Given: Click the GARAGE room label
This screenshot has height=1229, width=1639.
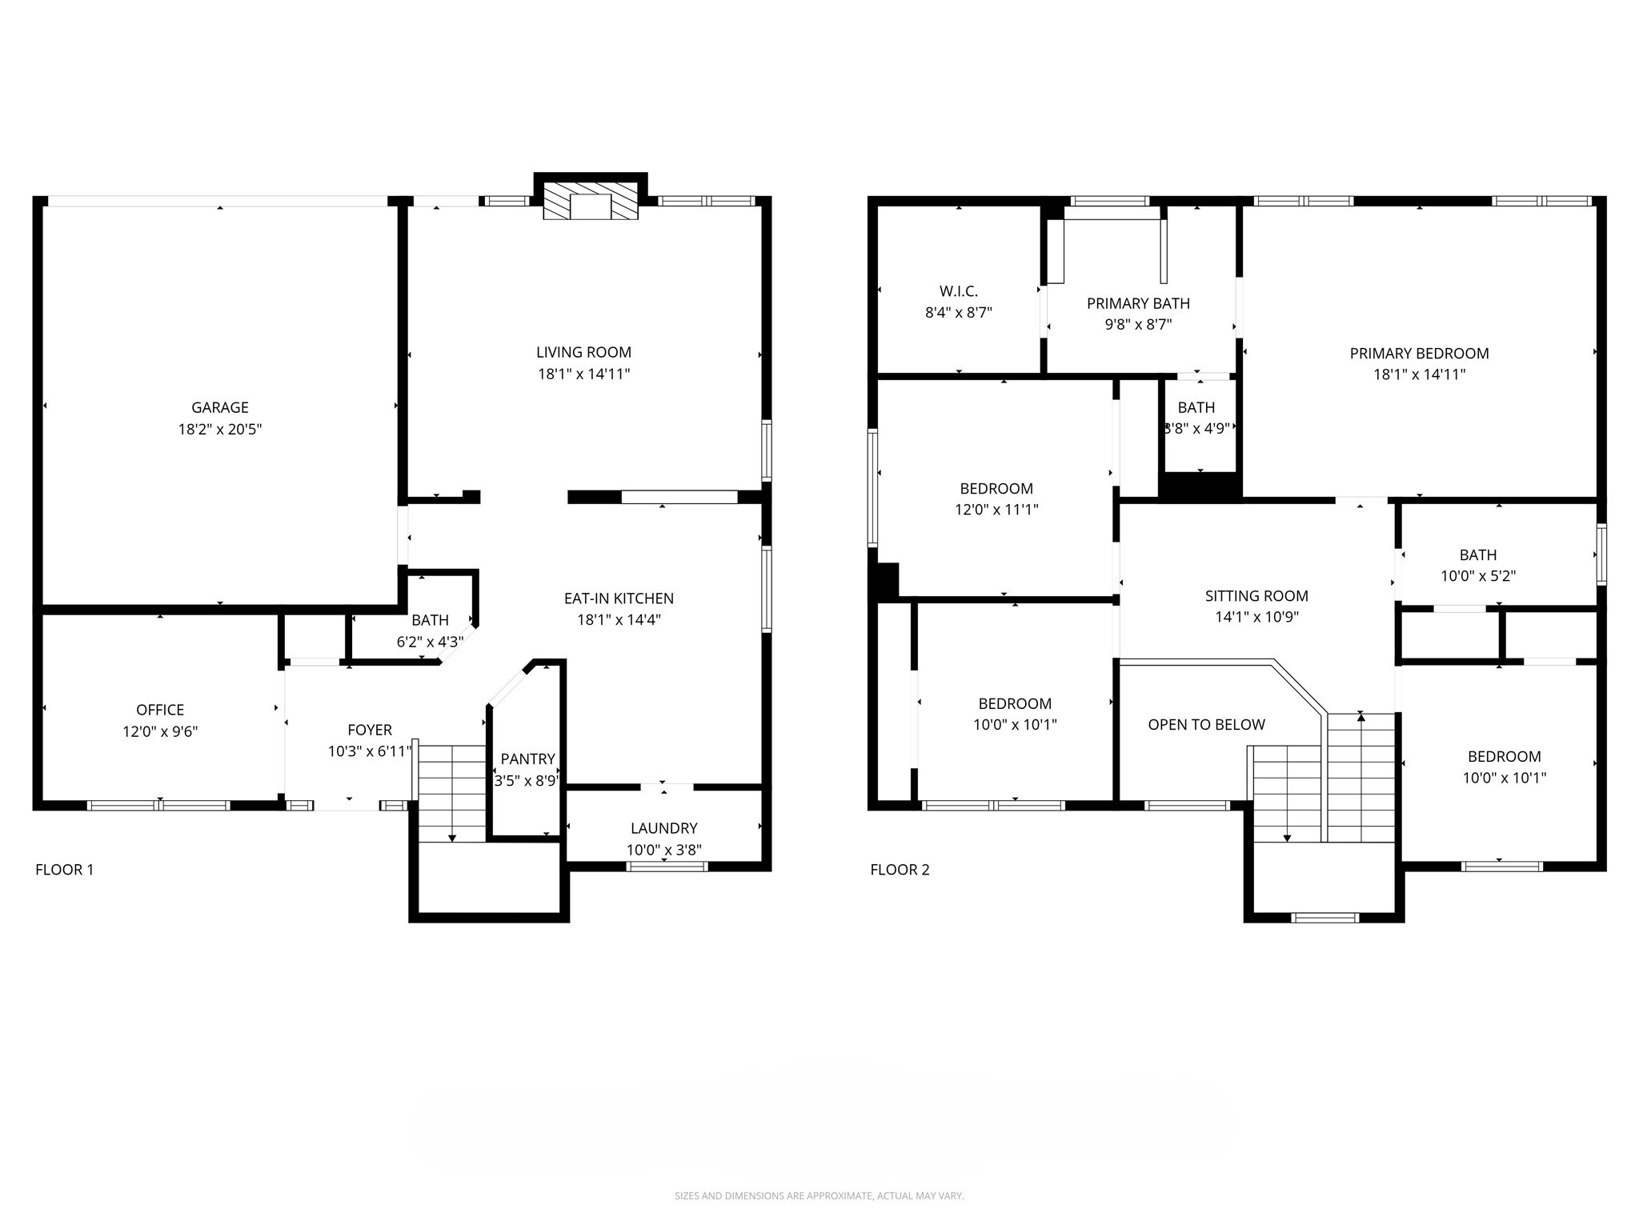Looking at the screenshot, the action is click(219, 407).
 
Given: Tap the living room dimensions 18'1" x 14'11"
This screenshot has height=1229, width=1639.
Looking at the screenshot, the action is click(584, 374).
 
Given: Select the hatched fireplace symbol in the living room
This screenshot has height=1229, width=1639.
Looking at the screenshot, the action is click(591, 200).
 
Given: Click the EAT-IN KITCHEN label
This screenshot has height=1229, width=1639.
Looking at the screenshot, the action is click(619, 598).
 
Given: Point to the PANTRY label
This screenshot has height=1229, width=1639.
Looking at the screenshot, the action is click(528, 759).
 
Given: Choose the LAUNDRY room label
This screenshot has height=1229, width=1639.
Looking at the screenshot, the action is click(664, 828).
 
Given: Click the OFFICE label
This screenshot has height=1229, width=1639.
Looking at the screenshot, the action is click(160, 710).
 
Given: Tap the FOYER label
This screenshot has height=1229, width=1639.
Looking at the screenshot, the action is click(370, 730).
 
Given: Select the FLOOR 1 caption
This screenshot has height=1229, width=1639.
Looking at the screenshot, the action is click(65, 870).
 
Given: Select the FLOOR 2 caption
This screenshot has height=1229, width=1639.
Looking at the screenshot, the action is click(900, 870).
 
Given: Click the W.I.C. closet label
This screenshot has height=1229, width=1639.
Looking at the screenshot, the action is click(959, 291).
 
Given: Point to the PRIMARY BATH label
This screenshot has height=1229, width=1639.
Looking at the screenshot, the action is click(1138, 303).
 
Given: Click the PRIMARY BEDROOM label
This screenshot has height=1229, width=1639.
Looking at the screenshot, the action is click(1420, 353).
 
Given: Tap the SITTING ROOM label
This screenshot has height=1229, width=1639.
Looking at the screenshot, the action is click(1256, 595).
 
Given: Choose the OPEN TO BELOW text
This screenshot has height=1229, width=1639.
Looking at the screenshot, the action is click(1207, 724).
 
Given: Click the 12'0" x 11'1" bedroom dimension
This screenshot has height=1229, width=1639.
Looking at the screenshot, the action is click(996, 510).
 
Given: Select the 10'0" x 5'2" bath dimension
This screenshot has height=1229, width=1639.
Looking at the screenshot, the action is click(1478, 576).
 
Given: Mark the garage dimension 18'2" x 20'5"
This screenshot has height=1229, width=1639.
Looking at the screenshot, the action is click(220, 430).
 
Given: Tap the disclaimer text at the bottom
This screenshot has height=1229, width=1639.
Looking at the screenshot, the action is click(819, 1195).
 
